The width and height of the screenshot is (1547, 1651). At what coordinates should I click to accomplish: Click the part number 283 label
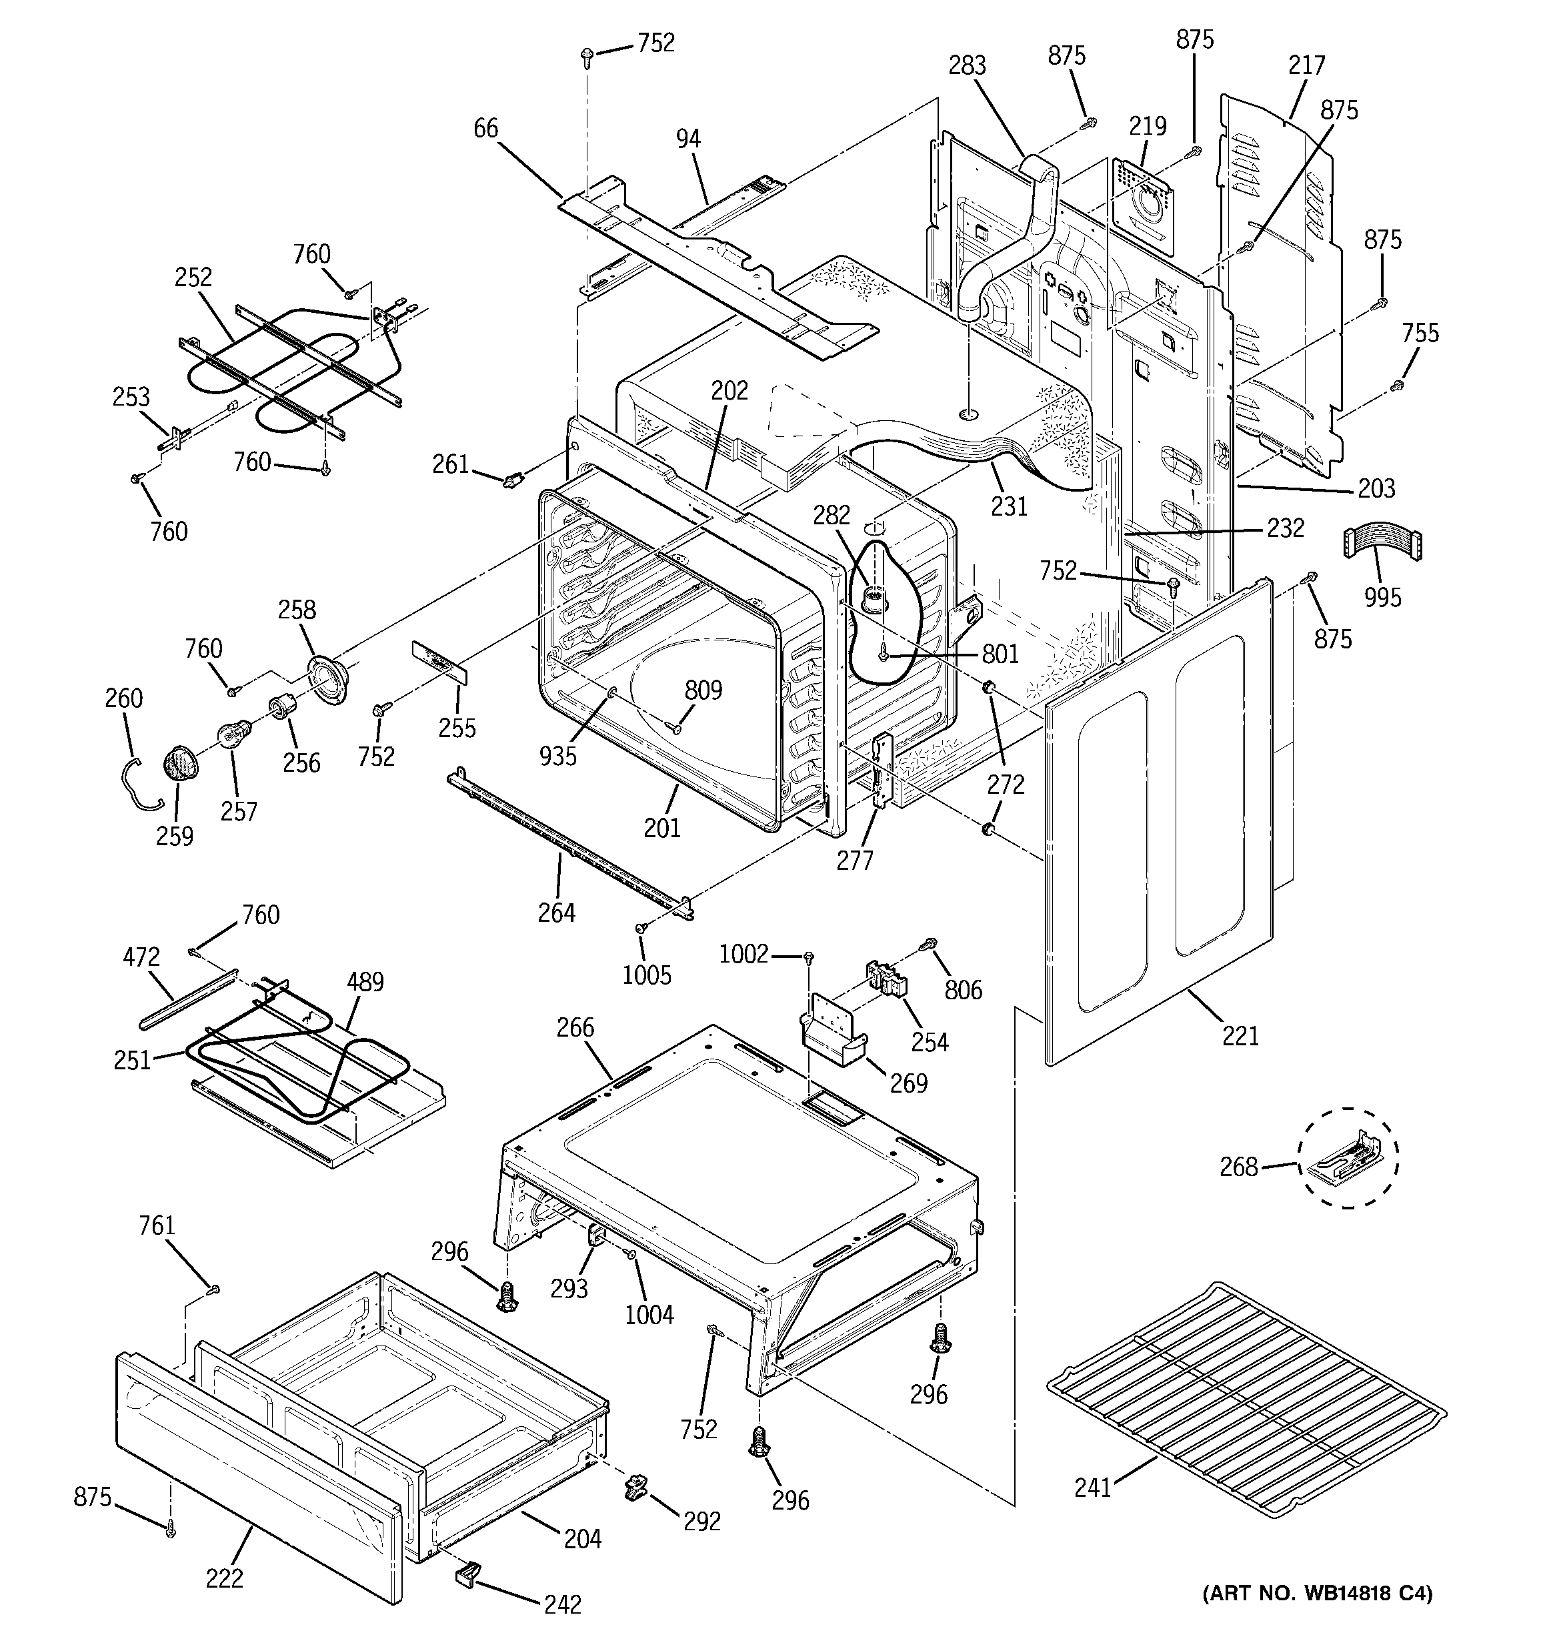(967, 65)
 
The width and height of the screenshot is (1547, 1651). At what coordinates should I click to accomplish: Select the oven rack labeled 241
(1246, 1404)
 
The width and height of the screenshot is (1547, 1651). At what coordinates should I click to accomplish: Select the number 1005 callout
(646, 974)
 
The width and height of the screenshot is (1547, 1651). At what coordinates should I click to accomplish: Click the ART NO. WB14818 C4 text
(1317, 1593)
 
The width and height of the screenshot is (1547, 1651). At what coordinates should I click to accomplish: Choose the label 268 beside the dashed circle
(1238, 1167)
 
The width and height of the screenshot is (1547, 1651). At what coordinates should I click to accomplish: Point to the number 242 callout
(562, 1604)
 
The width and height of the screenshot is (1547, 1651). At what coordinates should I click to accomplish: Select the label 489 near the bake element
(365, 982)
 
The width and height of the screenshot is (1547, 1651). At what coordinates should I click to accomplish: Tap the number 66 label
(486, 128)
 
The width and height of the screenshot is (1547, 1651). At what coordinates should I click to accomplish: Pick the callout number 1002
(743, 954)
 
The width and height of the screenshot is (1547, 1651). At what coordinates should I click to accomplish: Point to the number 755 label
(1420, 333)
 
